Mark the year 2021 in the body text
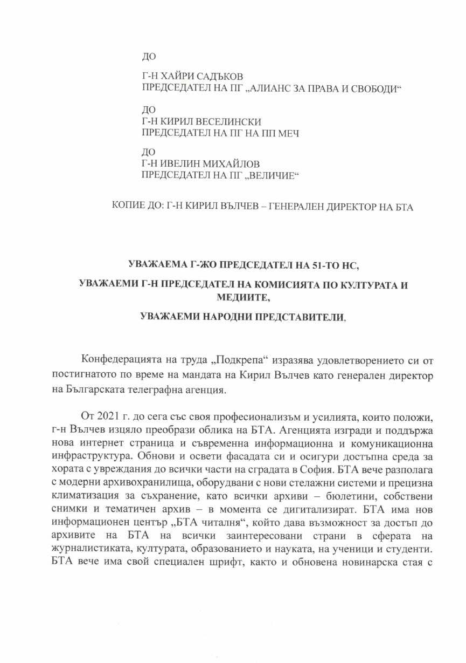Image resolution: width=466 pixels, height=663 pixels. pos(108,405)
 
